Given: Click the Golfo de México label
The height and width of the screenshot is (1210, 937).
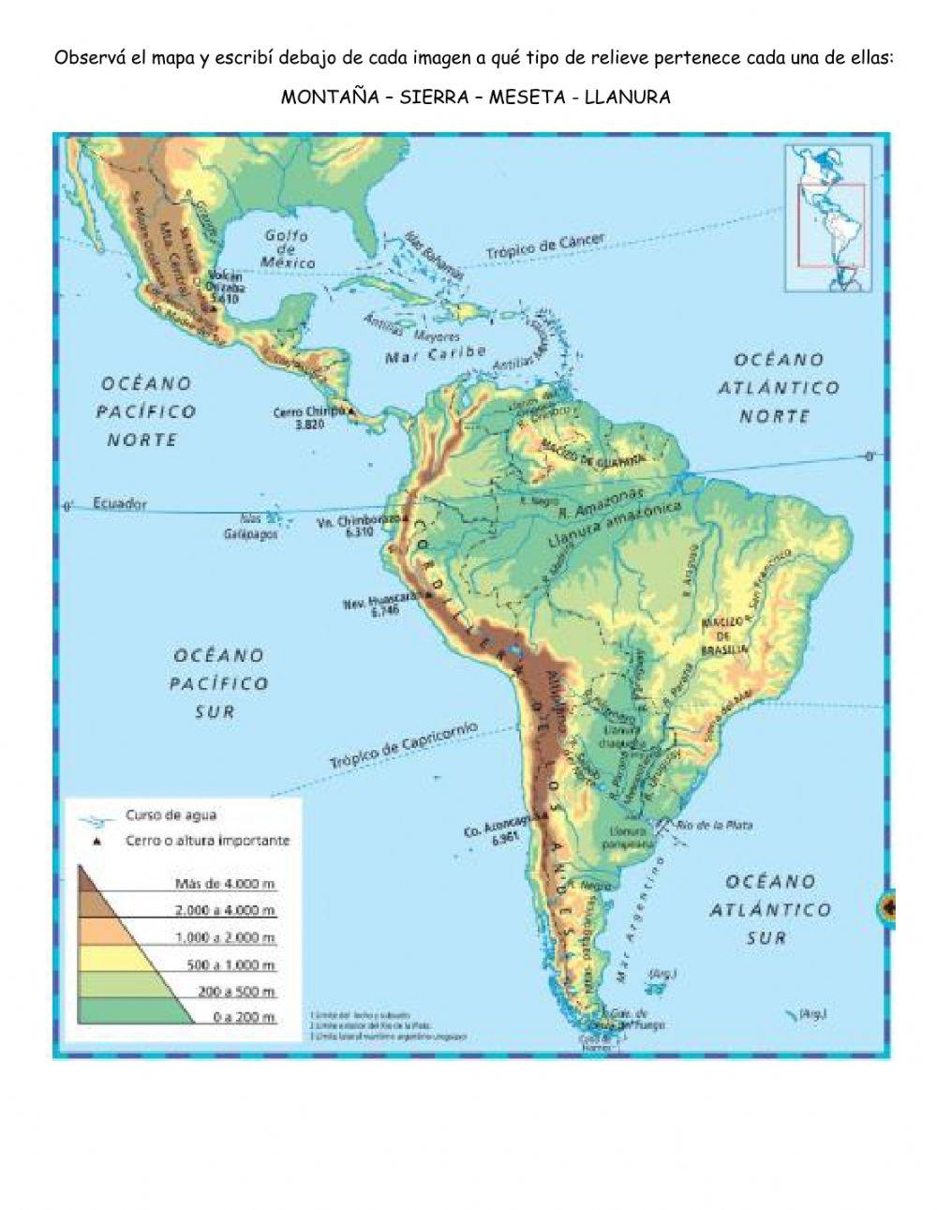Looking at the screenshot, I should pos(288,249).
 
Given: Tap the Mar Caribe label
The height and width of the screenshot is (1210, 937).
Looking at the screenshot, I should pos(436,355).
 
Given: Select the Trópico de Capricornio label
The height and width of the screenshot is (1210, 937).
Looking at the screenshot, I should pos(403,746).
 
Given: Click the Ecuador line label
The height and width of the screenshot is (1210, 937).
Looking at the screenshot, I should pos(120,503).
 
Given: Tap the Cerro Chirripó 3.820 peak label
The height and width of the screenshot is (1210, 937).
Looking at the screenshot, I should pos(308,417).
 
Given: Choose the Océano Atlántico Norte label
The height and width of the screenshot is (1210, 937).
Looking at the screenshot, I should pos(779,387).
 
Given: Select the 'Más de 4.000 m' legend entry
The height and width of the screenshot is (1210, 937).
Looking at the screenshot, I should pos(225,883).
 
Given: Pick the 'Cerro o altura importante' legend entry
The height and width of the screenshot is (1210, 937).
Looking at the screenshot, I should pos(207,841).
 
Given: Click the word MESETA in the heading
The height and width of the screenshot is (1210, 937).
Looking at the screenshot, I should pos(529,97).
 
